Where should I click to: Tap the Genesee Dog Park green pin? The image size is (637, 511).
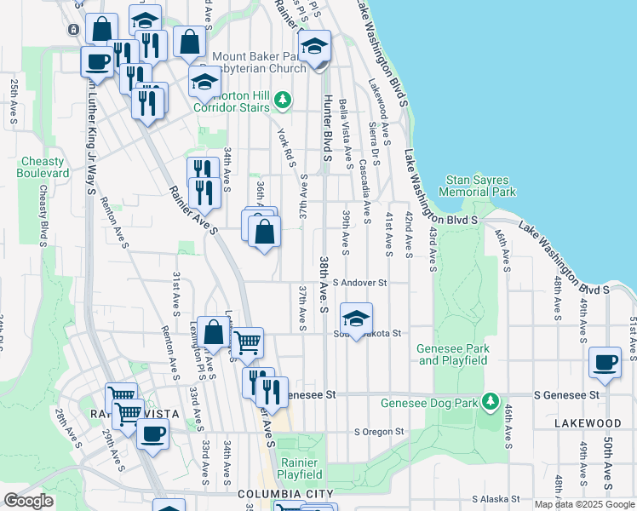point(490,400)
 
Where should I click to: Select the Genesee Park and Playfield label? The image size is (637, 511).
point(452,354)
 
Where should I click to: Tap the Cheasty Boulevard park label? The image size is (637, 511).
point(43,167)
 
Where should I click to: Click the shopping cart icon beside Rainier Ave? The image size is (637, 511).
point(247,342)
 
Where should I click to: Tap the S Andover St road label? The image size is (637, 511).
point(359,283)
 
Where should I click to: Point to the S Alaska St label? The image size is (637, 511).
point(496,499)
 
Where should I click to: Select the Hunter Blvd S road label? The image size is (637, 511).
point(325,128)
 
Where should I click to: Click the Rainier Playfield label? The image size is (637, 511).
point(299,468)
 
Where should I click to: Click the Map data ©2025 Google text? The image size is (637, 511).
point(584,504)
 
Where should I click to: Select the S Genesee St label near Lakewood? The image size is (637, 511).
point(565,395)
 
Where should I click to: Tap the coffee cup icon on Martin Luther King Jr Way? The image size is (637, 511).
point(96,61)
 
